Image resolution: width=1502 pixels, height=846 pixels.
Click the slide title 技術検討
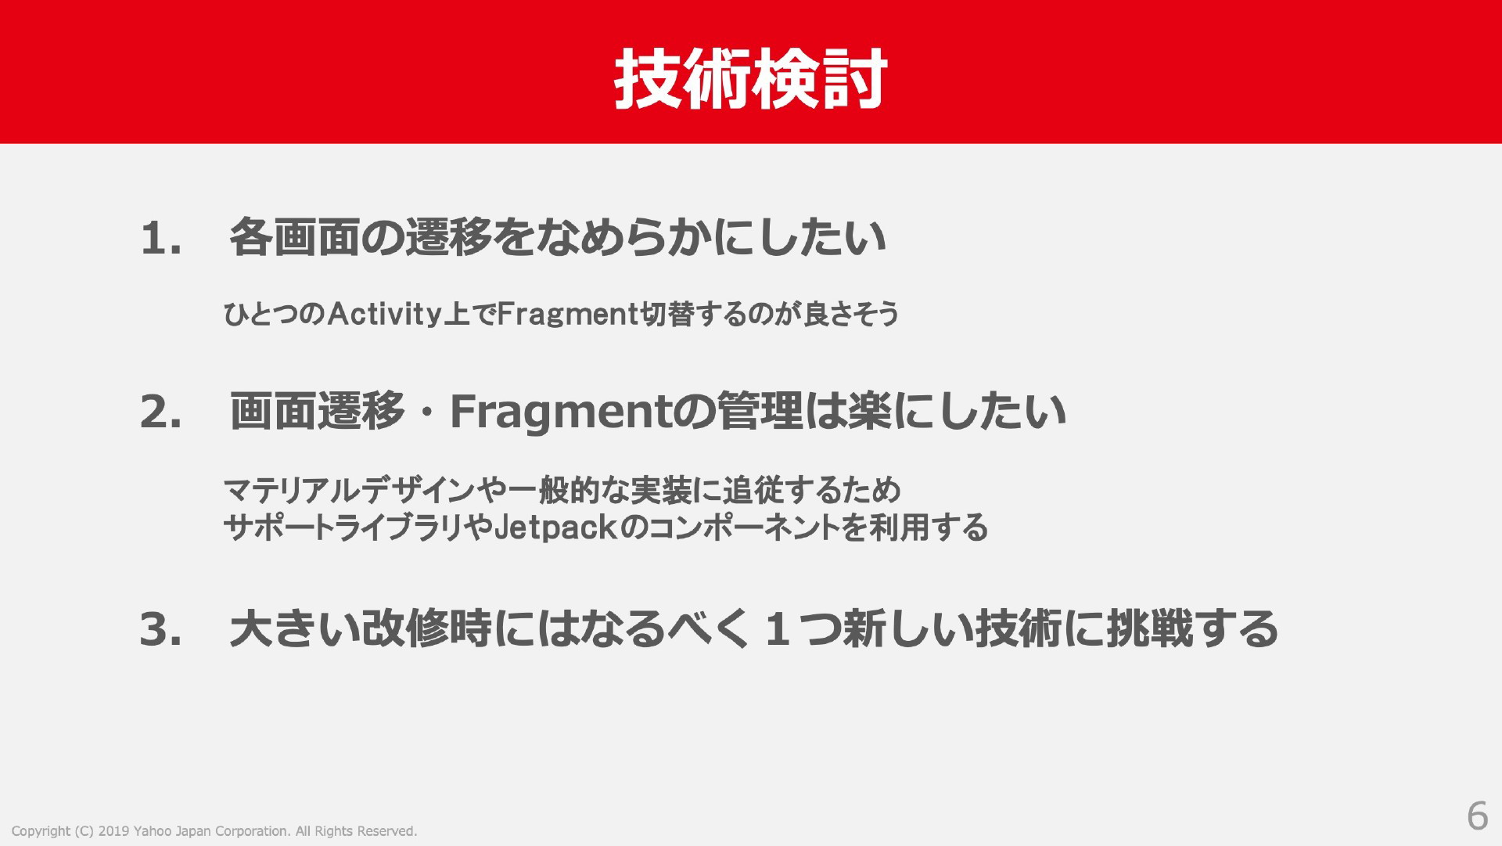[x=750, y=78]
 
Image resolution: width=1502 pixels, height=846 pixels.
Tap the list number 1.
[x=161, y=238]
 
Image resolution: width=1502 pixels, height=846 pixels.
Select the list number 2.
[x=161, y=412]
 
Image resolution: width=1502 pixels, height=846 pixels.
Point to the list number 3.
[x=161, y=629]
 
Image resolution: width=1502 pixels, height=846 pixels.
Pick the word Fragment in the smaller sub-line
[x=569, y=315]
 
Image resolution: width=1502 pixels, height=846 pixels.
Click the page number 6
[x=1477, y=816]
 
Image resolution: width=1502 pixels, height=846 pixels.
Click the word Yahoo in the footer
[x=152, y=831]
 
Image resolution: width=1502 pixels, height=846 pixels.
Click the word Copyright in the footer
[x=41, y=831]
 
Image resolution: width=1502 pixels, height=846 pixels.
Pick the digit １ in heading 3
[x=778, y=629]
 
